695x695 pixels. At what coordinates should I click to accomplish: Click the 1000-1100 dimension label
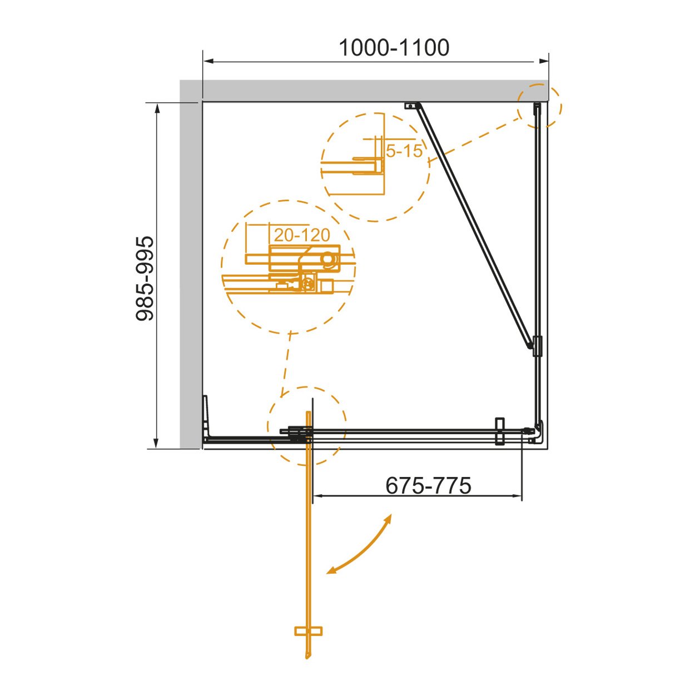click(394, 48)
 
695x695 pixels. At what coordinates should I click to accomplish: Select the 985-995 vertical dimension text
click(145, 279)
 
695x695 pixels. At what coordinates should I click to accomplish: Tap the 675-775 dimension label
click(428, 485)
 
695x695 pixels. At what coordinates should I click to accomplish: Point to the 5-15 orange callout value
click(404, 151)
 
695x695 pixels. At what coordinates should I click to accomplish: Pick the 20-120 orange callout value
click(302, 235)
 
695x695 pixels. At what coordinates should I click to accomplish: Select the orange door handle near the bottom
click(308, 631)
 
